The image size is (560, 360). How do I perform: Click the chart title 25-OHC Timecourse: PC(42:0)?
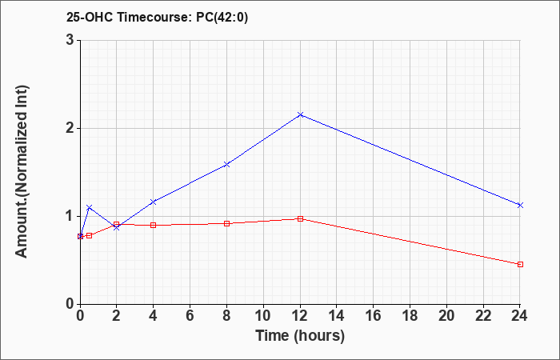(x=157, y=17)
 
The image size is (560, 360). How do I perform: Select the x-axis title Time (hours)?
(x=300, y=336)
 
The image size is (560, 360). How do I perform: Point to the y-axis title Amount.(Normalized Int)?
(x=22, y=171)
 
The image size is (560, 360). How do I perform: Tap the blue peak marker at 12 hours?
(x=300, y=114)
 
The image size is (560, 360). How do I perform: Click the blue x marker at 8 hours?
(x=226, y=164)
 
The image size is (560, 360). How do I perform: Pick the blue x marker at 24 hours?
(x=520, y=205)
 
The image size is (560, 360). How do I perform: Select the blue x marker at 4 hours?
(x=154, y=202)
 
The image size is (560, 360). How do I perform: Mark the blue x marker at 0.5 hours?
(x=90, y=207)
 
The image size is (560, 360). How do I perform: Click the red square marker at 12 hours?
(x=300, y=218)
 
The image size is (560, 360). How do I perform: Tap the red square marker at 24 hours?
(x=520, y=264)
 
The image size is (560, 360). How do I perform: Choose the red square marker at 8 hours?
(x=226, y=223)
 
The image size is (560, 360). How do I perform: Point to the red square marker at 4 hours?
(x=154, y=225)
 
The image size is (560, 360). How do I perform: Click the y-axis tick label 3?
(x=70, y=40)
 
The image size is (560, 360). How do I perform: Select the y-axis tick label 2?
(x=70, y=128)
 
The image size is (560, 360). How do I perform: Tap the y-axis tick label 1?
(x=70, y=216)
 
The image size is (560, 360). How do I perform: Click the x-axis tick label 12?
(x=300, y=316)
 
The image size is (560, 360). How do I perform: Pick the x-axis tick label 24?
(x=519, y=316)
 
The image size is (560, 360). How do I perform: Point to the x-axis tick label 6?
(x=190, y=316)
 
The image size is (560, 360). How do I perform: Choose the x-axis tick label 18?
(x=410, y=316)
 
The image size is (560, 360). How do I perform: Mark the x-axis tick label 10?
(x=263, y=316)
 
